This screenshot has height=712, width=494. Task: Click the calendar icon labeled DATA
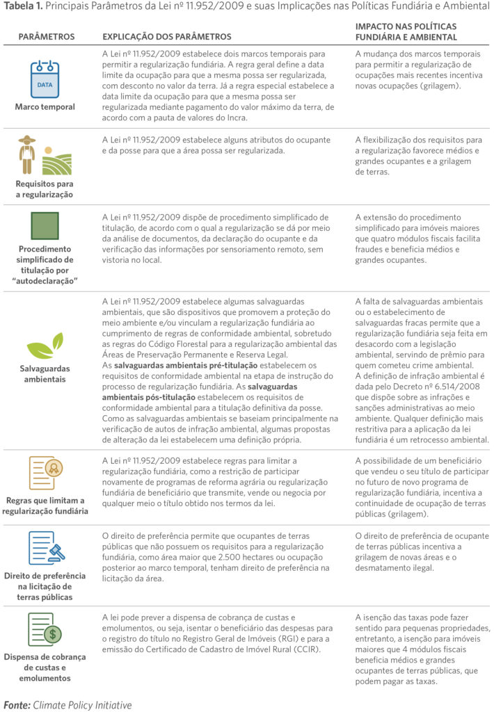(45, 78)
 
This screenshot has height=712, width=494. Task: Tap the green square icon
(45, 225)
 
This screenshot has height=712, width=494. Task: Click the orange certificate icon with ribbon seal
(44, 472)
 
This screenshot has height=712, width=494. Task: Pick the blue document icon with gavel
(44, 547)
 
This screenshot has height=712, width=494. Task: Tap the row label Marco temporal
(45, 107)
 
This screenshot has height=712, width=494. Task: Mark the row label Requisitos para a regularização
(45, 188)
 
